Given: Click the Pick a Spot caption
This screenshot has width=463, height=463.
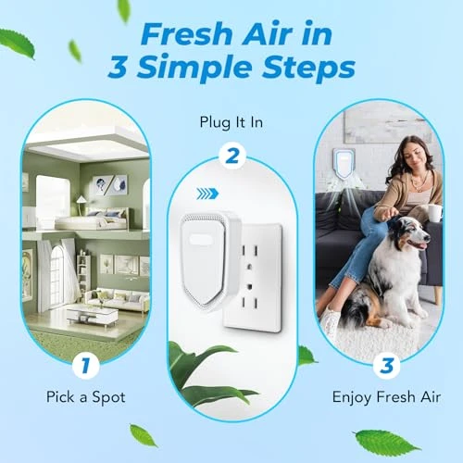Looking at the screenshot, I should coord(86,397).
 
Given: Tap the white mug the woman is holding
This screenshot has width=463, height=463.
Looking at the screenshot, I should coord(434,213).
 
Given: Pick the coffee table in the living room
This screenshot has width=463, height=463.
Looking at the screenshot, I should coord(91,316).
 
